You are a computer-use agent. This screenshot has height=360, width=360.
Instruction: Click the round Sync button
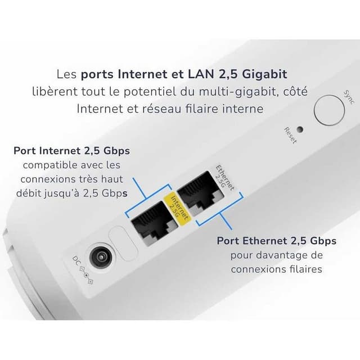328,110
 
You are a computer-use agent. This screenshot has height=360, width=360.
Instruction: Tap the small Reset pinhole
300,129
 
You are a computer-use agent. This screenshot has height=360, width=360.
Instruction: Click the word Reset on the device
290,136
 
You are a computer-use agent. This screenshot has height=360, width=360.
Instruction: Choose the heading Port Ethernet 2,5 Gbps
277,241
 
